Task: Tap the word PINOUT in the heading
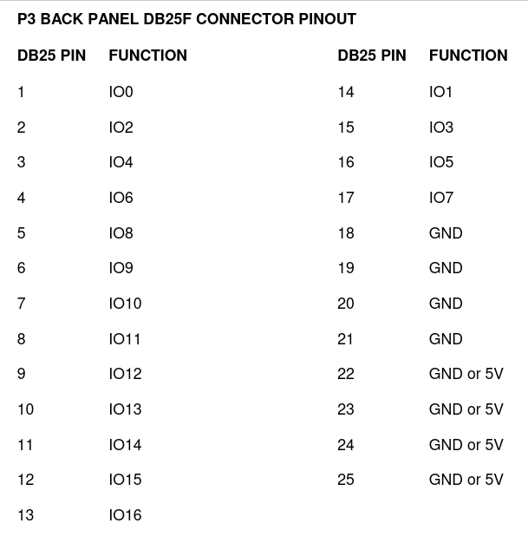click(327, 19)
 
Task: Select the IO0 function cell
click(121, 92)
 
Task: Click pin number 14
click(346, 92)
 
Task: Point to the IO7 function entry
click(441, 198)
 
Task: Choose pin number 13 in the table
click(26, 515)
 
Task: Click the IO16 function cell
click(125, 515)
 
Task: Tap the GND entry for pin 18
click(446, 233)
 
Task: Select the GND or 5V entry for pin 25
click(466, 480)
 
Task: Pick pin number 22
click(346, 374)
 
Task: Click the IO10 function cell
click(125, 304)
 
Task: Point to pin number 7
click(21, 304)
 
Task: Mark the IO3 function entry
click(441, 128)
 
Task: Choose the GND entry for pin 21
click(446, 339)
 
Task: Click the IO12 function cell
click(125, 374)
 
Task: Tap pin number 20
click(346, 304)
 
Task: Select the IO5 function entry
click(441, 162)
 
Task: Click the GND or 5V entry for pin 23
click(466, 409)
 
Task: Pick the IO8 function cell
click(121, 233)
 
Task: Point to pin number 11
click(25, 445)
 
